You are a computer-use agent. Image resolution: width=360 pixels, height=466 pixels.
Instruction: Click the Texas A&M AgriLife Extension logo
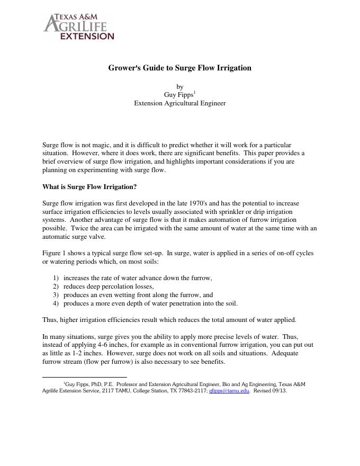78,28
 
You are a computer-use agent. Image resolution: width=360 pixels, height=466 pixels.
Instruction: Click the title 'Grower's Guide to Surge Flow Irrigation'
179,68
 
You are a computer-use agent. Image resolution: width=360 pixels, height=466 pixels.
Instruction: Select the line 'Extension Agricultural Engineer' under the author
179,103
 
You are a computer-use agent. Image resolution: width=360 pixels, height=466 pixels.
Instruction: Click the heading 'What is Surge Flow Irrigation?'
89,187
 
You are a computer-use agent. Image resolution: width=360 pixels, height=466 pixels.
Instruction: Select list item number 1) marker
56,278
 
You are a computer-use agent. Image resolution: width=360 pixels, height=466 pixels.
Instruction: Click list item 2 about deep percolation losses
109,286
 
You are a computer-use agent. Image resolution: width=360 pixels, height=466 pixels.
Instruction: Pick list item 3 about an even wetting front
138,295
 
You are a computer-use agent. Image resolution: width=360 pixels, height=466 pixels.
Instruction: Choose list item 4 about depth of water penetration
150,303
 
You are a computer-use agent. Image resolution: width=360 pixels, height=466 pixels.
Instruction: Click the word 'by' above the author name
179,86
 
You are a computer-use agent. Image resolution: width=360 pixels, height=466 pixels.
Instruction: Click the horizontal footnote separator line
84,377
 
